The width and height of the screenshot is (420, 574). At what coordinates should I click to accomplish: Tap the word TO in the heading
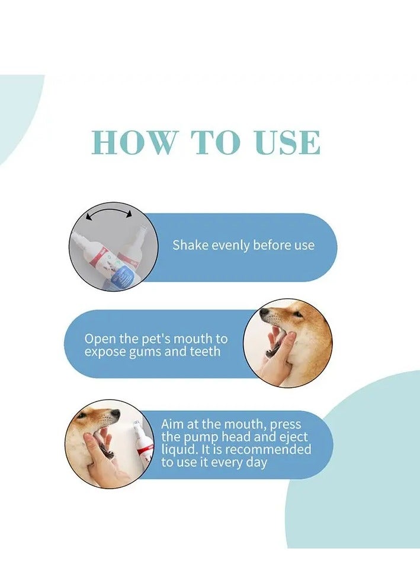[x=216, y=142]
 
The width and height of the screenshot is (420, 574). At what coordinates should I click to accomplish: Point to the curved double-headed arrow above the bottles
[x=108, y=214]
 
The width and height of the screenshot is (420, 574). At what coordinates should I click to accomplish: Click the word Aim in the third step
[x=172, y=425]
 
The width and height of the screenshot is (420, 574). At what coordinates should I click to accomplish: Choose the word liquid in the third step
[x=179, y=449]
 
